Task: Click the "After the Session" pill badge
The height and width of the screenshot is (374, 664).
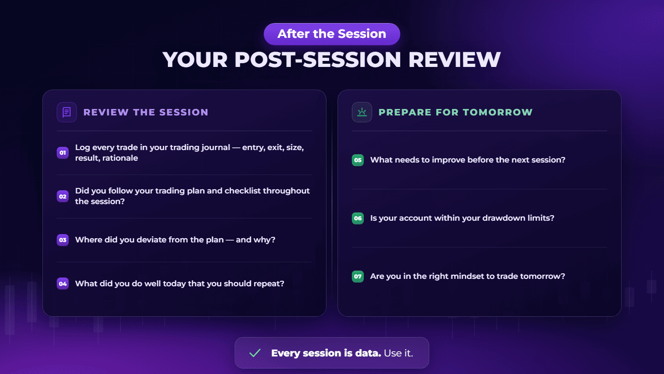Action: coord(332,34)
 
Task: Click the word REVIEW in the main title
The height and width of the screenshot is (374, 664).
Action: coord(455,60)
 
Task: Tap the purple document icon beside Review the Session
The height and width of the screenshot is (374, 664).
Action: coord(67,112)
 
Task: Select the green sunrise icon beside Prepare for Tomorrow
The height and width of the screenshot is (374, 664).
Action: coord(362,112)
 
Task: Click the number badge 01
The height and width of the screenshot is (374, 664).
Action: coord(63,152)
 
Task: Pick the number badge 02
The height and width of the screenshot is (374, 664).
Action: coord(63,196)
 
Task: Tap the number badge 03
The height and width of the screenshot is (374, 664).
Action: coord(63,240)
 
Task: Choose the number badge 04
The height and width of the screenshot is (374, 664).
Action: coord(63,284)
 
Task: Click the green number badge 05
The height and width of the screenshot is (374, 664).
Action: coord(358,160)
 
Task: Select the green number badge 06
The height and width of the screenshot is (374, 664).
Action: coord(358,218)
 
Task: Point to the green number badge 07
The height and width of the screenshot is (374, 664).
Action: coord(358,276)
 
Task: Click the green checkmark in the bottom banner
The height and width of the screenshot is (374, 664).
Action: coord(255,353)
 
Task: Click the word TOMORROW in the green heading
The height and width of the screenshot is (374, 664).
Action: coord(498,112)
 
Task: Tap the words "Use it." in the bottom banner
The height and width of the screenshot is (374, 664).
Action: coord(398,353)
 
